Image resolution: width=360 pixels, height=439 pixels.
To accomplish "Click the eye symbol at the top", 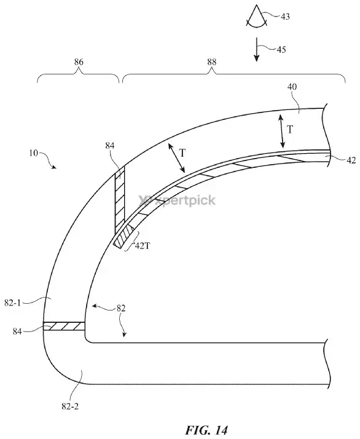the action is [257, 17].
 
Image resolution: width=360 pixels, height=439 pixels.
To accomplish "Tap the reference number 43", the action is [285, 17].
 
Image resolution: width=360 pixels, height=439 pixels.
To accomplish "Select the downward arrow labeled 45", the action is [256, 50].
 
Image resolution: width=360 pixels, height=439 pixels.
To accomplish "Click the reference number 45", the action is [281, 50].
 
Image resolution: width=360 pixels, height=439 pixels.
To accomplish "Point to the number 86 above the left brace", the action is [79, 62].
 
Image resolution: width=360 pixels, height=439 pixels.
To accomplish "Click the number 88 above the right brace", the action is [212, 62].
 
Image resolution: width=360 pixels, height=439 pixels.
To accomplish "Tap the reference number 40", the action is [292, 87].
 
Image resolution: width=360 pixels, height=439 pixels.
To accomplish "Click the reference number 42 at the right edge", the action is [351, 160].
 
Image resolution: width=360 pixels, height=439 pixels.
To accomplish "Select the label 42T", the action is [143, 246].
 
